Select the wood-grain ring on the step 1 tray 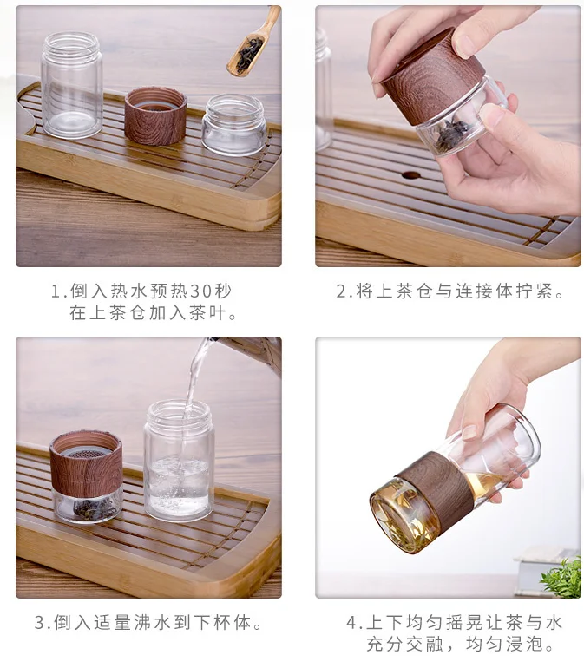(x=155, y=115)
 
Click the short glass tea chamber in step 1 (x=233, y=125)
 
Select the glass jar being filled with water (x=179, y=460)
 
